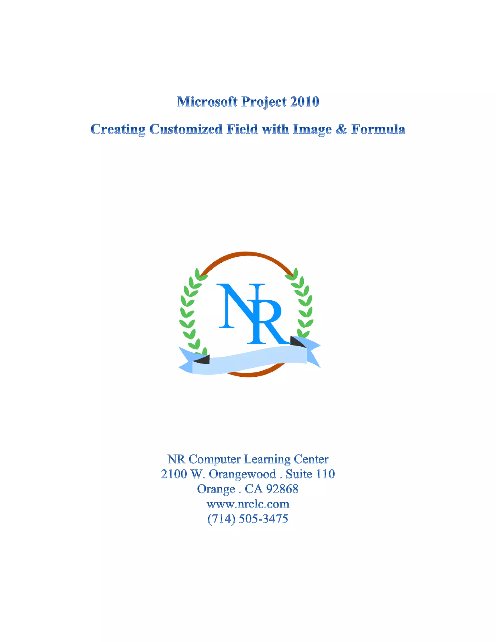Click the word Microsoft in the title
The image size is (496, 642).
click(x=207, y=102)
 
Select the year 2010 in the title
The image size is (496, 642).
click(x=304, y=102)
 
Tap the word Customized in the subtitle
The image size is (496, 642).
click(x=186, y=129)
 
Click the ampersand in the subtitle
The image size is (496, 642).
click(x=341, y=129)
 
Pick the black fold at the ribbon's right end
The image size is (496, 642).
click(x=297, y=342)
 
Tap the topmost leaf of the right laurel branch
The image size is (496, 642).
click(x=295, y=273)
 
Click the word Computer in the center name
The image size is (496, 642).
click(x=215, y=459)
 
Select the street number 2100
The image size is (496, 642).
click(x=174, y=474)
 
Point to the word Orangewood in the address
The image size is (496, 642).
click(x=242, y=474)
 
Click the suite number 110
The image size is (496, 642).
click(x=325, y=474)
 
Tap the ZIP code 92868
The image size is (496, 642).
click(x=282, y=489)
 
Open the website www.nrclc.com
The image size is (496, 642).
click(x=248, y=504)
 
